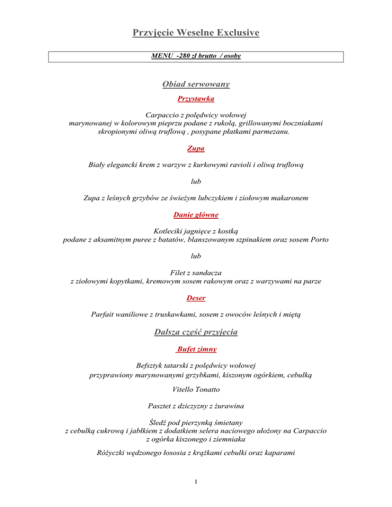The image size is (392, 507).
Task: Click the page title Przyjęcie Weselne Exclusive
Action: tap(196, 34)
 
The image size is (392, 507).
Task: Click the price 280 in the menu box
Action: tap(180, 56)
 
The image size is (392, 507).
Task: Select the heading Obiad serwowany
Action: tap(196, 84)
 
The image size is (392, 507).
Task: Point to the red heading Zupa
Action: tap(196, 149)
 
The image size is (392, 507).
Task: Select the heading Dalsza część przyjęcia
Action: tap(196, 333)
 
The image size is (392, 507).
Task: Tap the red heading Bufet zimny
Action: tap(197, 349)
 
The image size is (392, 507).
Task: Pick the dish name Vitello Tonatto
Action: tap(196, 390)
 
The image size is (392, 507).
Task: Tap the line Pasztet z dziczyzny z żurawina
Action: tap(196, 407)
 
